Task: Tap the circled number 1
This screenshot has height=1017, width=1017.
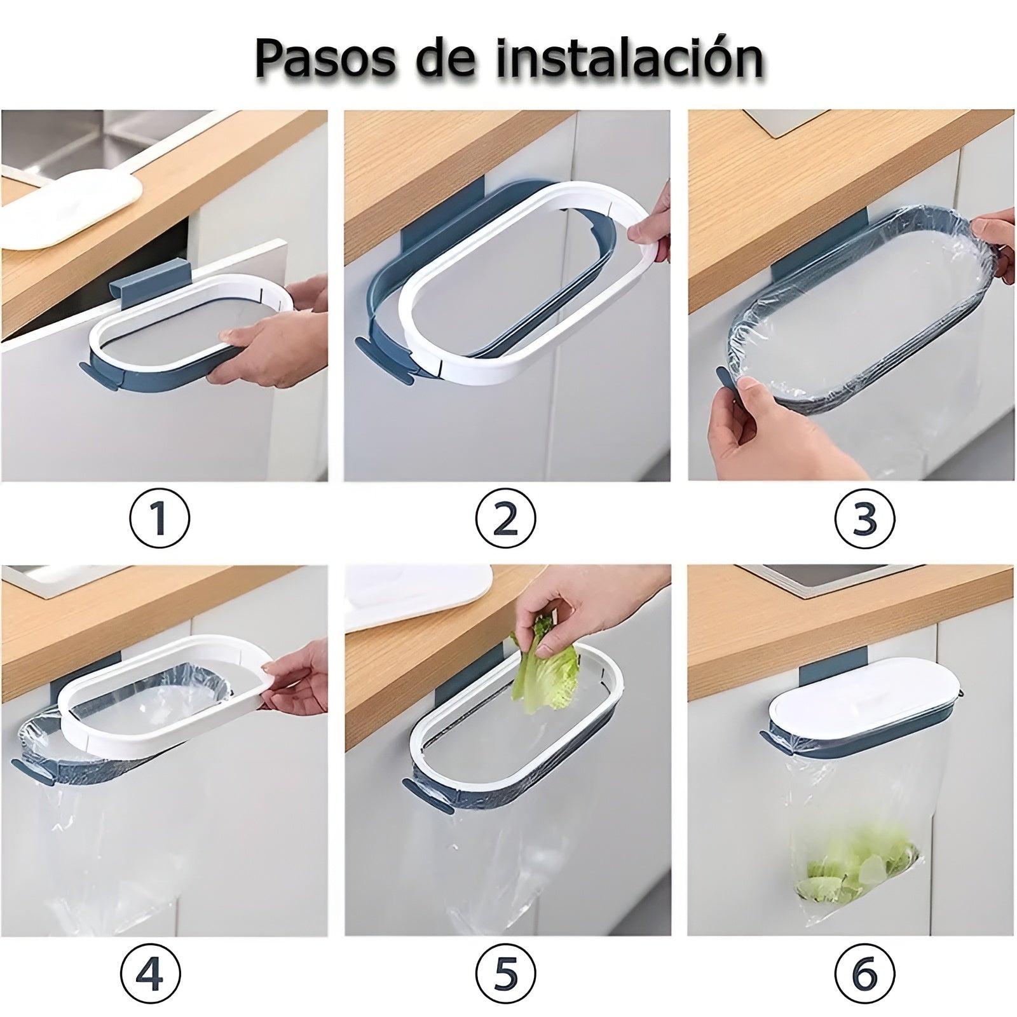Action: coord(160,518)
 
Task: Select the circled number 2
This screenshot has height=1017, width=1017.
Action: coord(505,518)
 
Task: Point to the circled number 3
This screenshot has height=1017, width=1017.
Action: coord(864,518)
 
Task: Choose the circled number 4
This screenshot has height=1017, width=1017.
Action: coord(150,974)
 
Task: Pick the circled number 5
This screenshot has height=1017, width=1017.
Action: coord(505,974)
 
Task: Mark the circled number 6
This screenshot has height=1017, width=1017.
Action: coord(864,974)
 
